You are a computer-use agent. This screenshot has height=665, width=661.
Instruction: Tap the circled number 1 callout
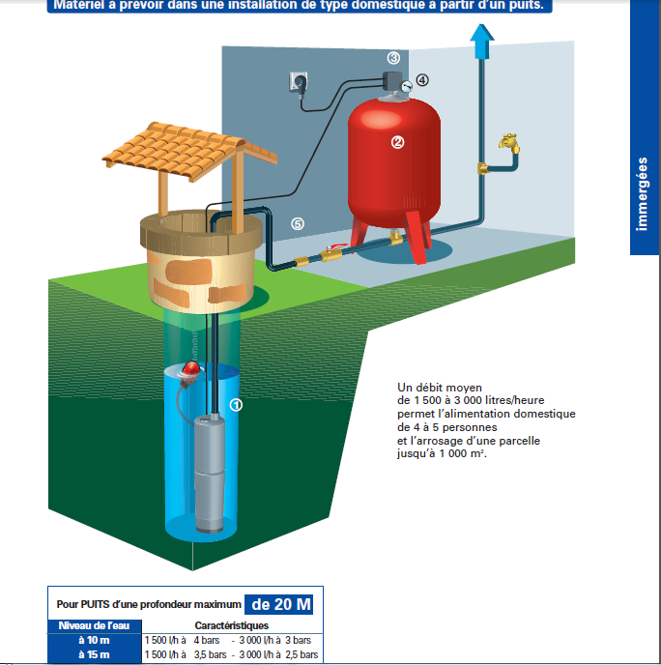(x=235, y=405)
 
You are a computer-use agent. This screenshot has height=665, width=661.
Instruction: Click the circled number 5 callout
(x=298, y=223)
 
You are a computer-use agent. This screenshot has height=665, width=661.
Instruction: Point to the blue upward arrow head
(x=479, y=36)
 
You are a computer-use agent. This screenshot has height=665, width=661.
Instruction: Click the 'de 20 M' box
(x=281, y=605)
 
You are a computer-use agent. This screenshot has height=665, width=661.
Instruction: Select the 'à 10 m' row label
(x=95, y=640)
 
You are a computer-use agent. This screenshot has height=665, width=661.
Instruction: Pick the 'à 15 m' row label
(x=95, y=654)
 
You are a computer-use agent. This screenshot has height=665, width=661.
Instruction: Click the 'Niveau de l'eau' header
(x=94, y=625)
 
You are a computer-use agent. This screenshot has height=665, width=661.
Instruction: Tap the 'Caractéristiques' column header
(x=231, y=625)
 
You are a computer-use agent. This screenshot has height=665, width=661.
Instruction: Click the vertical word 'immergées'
(x=645, y=193)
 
